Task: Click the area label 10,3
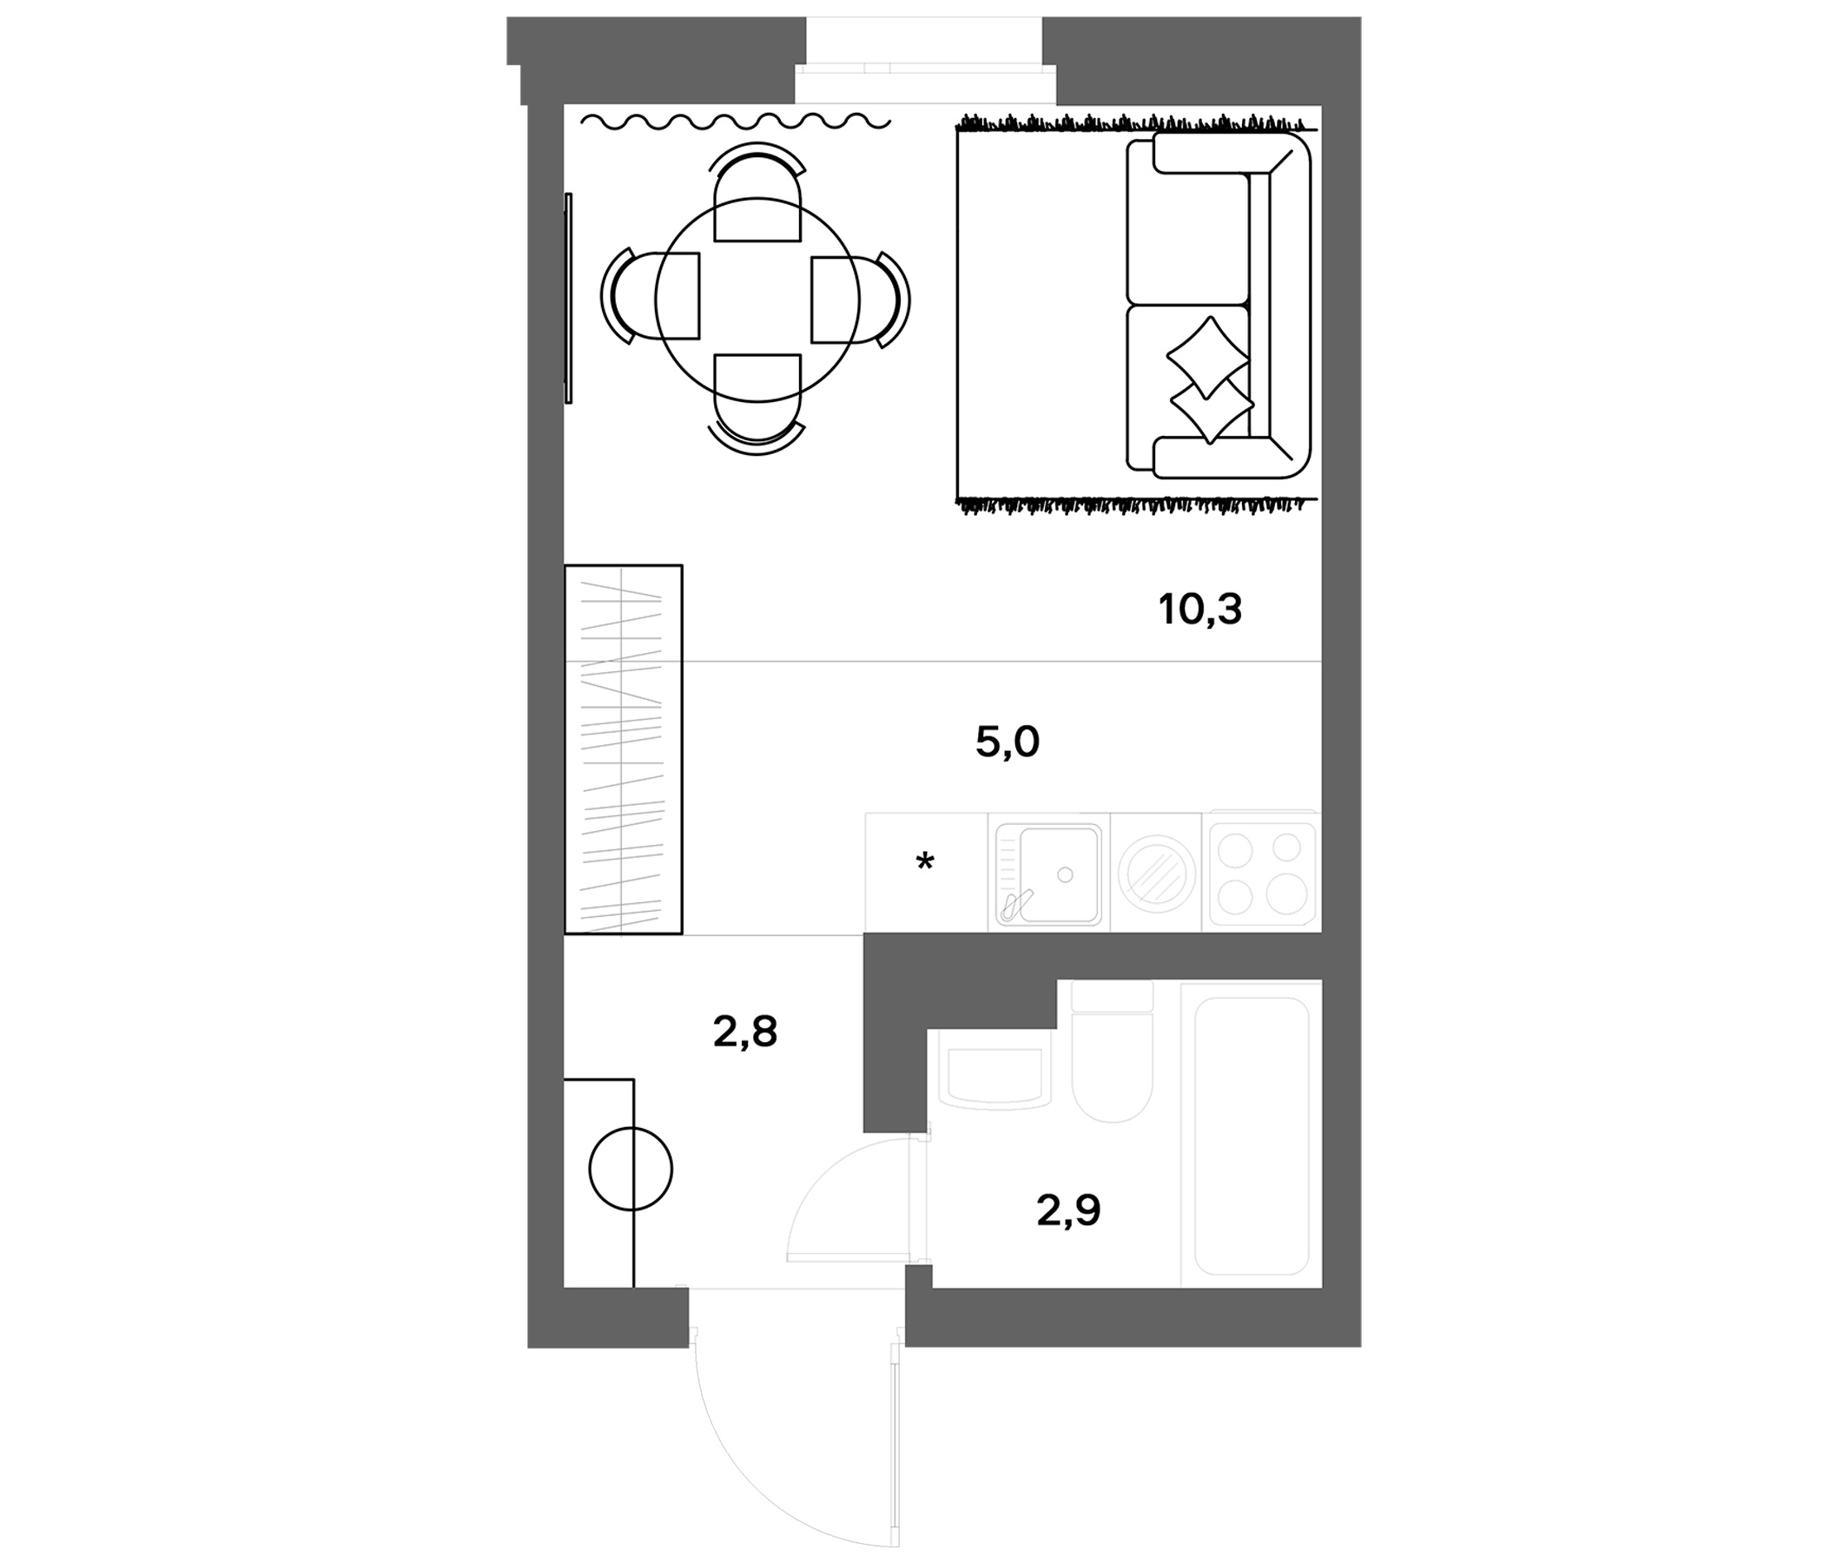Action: coord(1199,609)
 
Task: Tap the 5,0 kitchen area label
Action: coord(1007,742)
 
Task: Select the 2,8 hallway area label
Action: coord(744,1032)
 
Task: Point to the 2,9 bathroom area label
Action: coord(1068,1211)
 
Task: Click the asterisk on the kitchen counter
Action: coord(924,861)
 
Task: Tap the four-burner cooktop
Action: coord(1260,872)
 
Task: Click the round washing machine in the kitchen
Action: coord(1156,873)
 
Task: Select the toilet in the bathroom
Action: coord(1112,1059)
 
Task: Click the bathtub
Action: coord(1250,1135)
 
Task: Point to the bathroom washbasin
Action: coord(995,1076)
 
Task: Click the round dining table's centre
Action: coord(757,300)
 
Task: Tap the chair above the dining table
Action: coord(757,194)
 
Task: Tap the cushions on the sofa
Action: coord(1210,379)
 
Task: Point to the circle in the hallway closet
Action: coord(631,1170)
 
